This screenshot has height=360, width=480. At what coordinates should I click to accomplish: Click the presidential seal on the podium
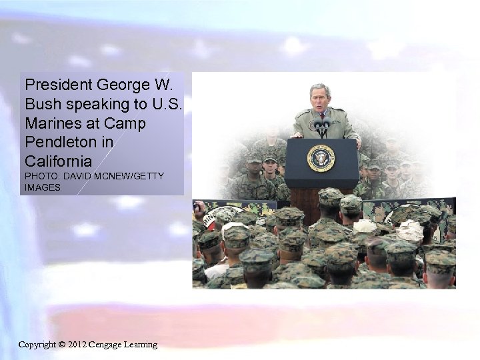[321, 158]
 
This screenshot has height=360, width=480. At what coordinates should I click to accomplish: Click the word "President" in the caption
[58, 85]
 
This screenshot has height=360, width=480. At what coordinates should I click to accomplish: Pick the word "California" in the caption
[58, 161]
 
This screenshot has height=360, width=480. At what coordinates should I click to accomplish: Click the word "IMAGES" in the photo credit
[43, 187]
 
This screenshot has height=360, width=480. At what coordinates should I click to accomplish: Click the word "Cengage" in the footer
[108, 345]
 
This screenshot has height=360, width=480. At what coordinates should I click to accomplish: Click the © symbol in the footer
[62, 345]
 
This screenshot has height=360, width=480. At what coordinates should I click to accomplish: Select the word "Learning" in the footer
[141, 345]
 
